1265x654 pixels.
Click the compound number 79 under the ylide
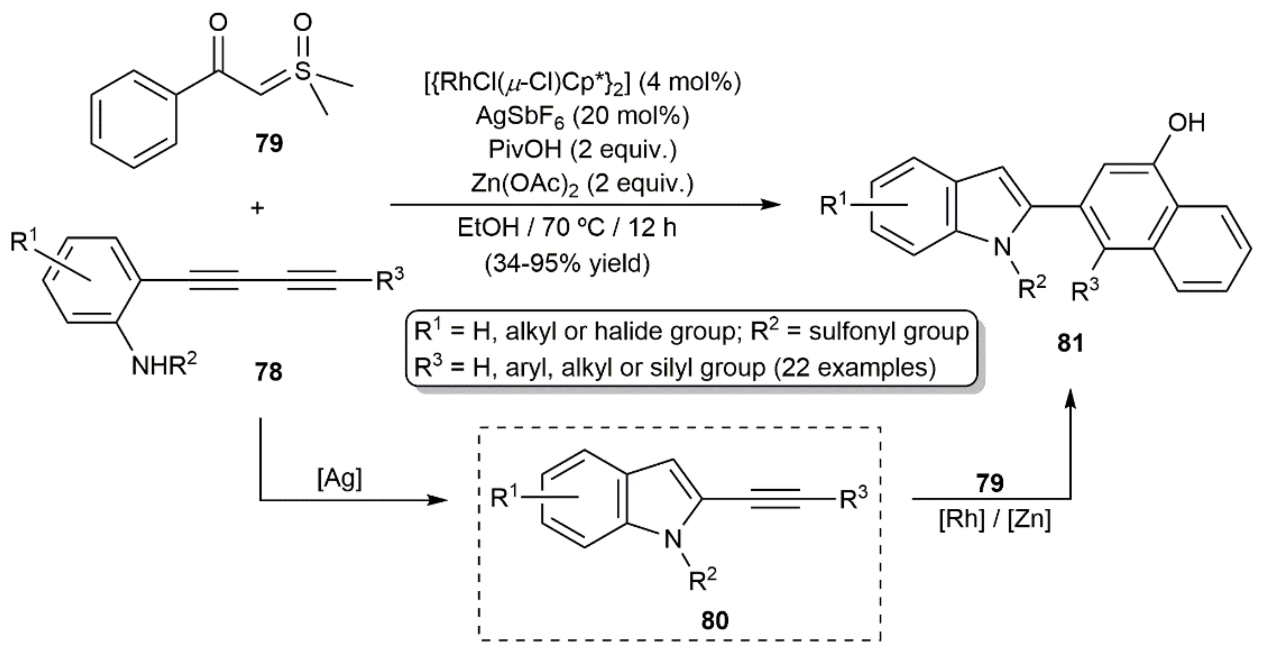(x=269, y=144)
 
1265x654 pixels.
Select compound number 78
(x=268, y=372)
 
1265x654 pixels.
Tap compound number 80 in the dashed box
(x=714, y=621)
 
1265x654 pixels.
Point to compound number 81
(x=1070, y=343)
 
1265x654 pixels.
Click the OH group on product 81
(x=1185, y=123)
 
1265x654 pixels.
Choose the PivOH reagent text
(x=581, y=150)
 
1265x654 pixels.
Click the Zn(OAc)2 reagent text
(x=581, y=184)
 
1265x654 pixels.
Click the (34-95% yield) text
(x=567, y=264)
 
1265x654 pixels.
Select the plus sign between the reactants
(x=257, y=208)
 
